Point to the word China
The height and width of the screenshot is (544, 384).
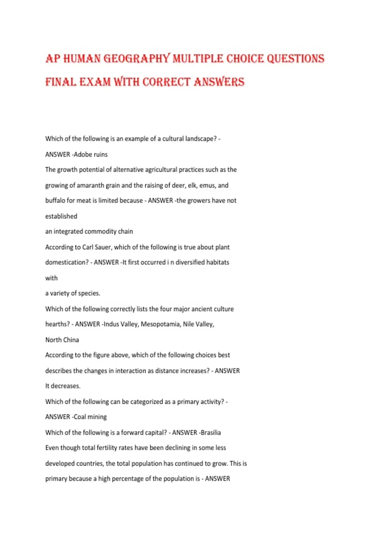click(71, 340)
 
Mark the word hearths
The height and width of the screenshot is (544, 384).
click(57, 324)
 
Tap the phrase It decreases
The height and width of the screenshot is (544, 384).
click(63, 386)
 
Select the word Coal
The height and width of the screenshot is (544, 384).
click(80, 417)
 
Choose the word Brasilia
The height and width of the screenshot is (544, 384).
click(211, 433)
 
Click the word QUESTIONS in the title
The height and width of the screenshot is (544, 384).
click(295, 59)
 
